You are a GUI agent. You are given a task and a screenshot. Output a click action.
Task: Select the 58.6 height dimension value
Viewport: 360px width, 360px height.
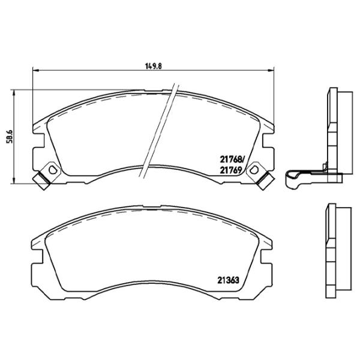click(x=8, y=137)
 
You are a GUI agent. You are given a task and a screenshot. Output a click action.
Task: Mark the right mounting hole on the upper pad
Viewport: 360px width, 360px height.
click(x=254, y=171)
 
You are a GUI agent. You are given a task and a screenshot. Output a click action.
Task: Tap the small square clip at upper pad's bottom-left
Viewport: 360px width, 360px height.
click(x=42, y=180)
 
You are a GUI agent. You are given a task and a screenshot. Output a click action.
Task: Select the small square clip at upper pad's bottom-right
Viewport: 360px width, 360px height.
click(x=264, y=180)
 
